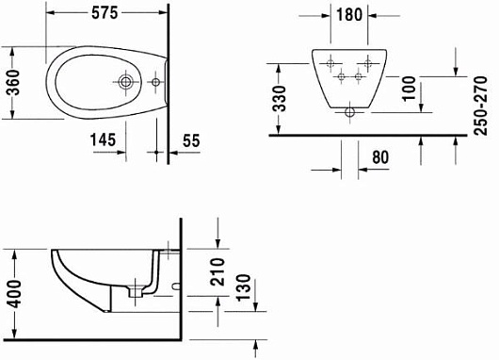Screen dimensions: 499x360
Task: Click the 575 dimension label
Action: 105,13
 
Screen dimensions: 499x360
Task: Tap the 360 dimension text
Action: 13,83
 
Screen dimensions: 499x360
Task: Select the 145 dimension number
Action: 103,139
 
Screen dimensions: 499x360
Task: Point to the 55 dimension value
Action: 191,140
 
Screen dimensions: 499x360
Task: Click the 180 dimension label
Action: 349,15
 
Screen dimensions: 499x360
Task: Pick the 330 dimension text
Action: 281,98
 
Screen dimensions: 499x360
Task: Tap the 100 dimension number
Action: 410,89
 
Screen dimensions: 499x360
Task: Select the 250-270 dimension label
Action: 480,106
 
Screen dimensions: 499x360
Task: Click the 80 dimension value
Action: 380,157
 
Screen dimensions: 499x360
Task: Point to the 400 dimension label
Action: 14,294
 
